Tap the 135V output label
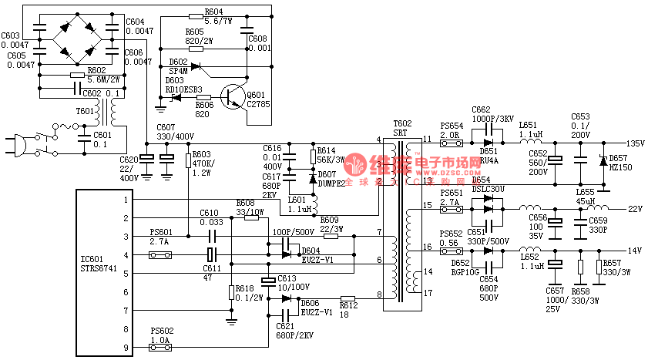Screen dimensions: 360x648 [x=635, y=144]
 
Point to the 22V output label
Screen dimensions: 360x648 [x=635, y=209]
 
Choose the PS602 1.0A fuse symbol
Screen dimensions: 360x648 [x=161, y=348]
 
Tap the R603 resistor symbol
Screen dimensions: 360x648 [x=188, y=160]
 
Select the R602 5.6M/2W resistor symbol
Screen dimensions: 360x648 [x=77, y=76]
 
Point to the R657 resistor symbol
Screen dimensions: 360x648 [x=599, y=267]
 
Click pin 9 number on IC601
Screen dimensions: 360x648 [x=125, y=348]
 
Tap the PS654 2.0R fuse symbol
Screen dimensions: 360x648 [x=451, y=143]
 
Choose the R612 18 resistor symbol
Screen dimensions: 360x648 [x=348, y=298]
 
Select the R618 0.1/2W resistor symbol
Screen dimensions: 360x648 [x=231, y=291]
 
